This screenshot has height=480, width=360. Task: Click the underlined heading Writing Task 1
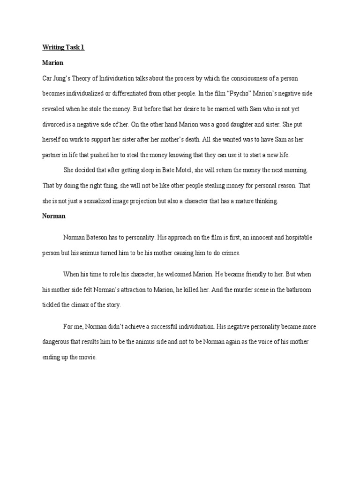[63, 48]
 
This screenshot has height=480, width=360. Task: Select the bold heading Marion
[53, 63]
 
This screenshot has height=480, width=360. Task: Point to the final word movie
[86, 357]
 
